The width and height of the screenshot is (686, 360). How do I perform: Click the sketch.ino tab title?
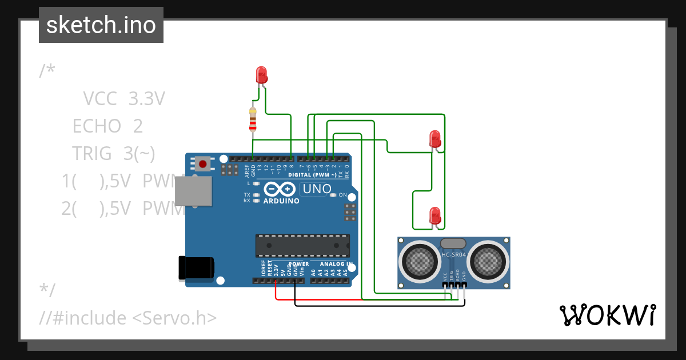click(101, 25)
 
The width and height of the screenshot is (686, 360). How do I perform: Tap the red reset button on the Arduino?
click(202, 164)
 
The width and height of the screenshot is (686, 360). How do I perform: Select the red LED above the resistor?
click(261, 75)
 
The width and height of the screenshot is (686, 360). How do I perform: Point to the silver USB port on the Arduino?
click(194, 190)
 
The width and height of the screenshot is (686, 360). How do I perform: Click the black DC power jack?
click(197, 267)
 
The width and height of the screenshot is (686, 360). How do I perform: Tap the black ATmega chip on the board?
click(302, 245)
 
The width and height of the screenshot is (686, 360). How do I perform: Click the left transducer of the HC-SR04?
click(421, 262)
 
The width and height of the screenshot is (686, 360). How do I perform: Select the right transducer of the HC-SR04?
click(487, 262)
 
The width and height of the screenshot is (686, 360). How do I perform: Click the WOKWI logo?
click(607, 315)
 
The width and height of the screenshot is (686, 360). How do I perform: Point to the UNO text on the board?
click(316, 189)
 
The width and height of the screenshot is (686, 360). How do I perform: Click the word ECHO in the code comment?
click(97, 126)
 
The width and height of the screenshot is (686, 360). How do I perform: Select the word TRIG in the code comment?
click(91, 153)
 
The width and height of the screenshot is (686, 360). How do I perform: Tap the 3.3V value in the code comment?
click(146, 99)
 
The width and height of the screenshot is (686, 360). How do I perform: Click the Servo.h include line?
click(128, 317)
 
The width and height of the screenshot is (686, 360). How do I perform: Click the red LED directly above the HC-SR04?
click(435, 216)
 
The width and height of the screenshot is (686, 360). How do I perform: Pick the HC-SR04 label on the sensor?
click(454, 254)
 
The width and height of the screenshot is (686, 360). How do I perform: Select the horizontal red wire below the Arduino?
click(318, 298)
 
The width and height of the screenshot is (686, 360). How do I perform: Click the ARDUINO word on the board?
click(281, 201)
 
